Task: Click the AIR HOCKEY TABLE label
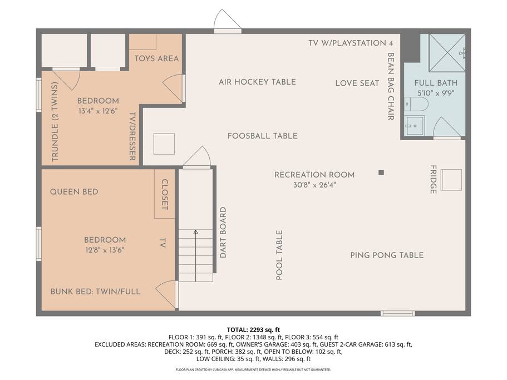[x=257, y=82]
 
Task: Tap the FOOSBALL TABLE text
[x=263, y=136]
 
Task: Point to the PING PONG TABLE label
[x=387, y=255]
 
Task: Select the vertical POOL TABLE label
[x=279, y=255]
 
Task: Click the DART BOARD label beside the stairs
[x=223, y=233]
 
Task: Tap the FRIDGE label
[x=434, y=179]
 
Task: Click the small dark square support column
[x=381, y=172]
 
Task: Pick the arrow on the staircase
[x=196, y=255]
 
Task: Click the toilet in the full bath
[x=416, y=104]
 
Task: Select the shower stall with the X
[x=447, y=52]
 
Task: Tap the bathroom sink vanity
[x=414, y=126]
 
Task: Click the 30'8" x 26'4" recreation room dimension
[x=314, y=185]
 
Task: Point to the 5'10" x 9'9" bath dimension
[x=436, y=93]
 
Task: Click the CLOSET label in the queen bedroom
[x=165, y=195]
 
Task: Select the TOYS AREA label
[x=156, y=58]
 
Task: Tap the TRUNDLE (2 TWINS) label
[x=55, y=121]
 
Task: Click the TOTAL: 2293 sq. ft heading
[x=253, y=330]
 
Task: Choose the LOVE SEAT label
[x=357, y=83]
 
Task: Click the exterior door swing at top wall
[x=227, y=20]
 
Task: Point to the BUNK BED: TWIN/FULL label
[x=95, y=292]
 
